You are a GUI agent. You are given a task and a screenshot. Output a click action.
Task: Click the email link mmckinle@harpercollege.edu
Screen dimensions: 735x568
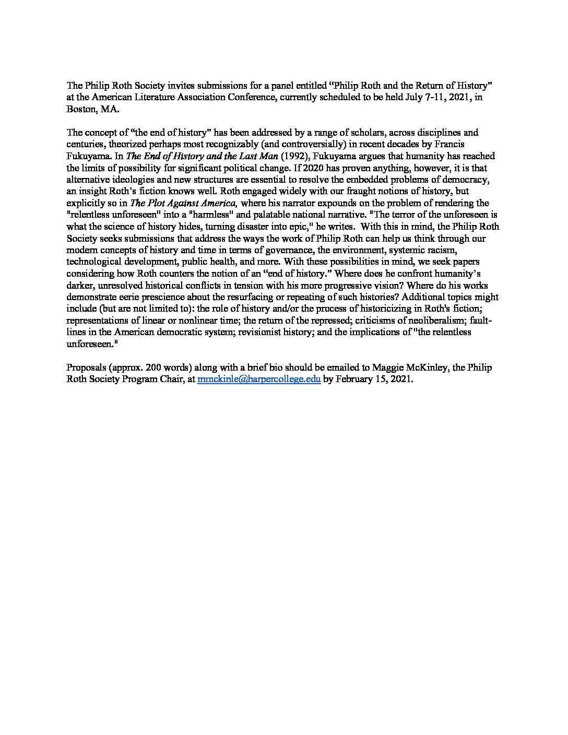[258, 380]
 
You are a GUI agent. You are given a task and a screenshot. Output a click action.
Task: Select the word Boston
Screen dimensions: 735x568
[79, 110]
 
